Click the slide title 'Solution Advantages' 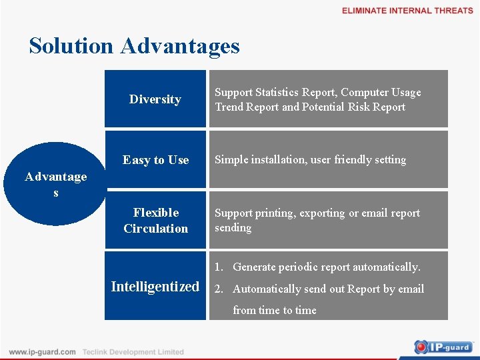pyautogui.click(x=134, y=46)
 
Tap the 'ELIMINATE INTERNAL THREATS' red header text pyautogui.click(x=407, y=11)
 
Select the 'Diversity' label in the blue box pyautogui.click(x=155, y=99)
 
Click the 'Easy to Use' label pyautogui.click(x=155, y=160)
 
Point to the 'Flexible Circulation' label pyautogui.click(x=155, y=221)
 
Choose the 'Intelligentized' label pyautogui.click(x=155, y=287)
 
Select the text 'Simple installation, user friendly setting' pyautogui.click(x=310, y=160)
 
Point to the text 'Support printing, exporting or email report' pyautogui.click(x=317, y=213)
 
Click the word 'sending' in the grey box pyautogui.click(x=233, y=228)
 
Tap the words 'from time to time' pyautogui.click(x=274, y=310)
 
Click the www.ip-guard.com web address pyautogui.click(x=42, y=352)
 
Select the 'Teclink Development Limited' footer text pyautogui.click(x=133, y=352)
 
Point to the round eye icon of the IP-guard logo pyautogui.click(x=421, y=347)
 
